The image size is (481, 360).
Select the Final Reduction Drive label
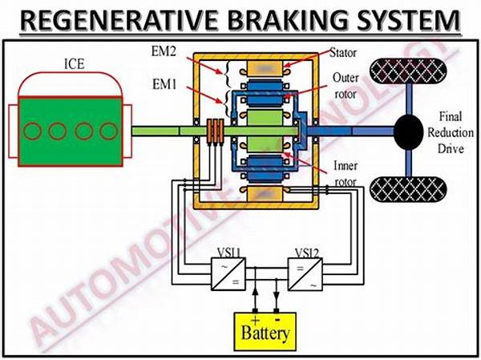pyautogui.click(x=445, y=130)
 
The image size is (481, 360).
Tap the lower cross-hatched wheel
pyautogui.click(x=406, y=188)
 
